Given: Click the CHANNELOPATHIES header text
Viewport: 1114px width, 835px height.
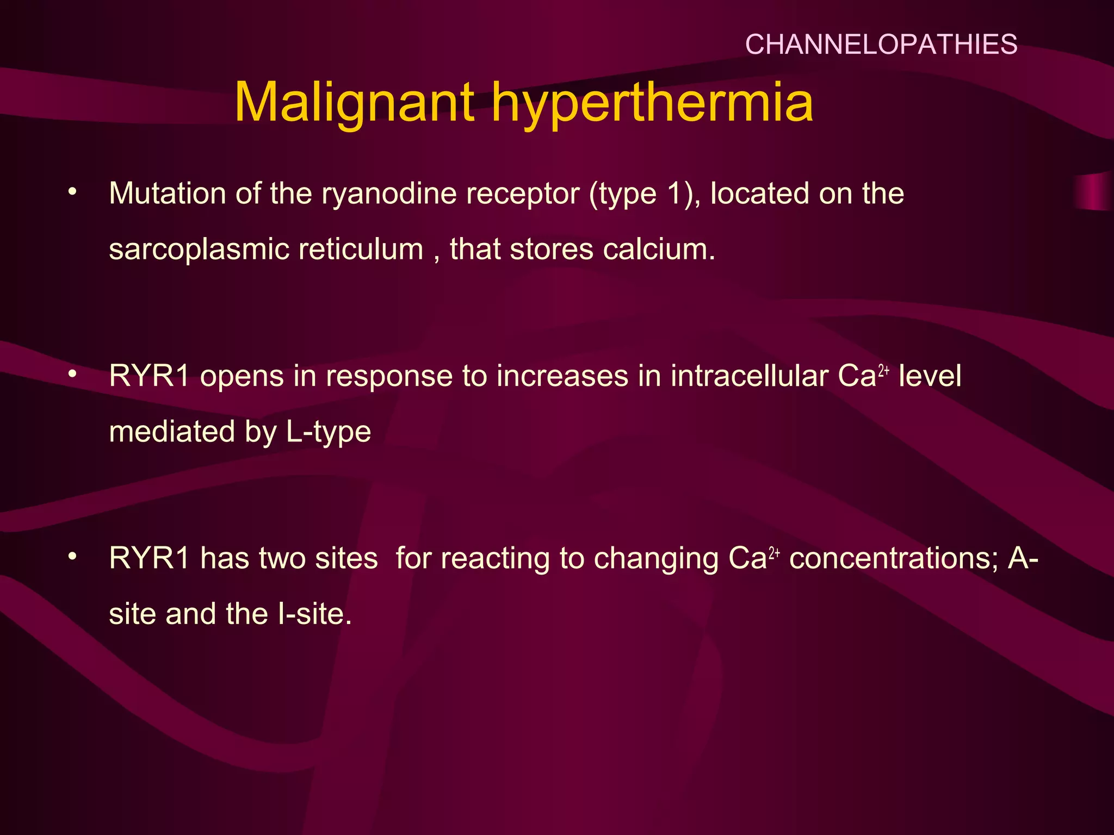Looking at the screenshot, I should pyautogui.click(x=881, y=45).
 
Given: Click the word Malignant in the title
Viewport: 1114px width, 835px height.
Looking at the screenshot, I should pyautogui.click(x=354, y=103).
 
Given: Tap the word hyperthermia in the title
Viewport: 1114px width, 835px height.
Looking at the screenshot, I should pyautogui.click(x=652, y=103).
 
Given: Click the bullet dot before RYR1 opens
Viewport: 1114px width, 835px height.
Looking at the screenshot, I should pyautogui.click(x=72, y=374).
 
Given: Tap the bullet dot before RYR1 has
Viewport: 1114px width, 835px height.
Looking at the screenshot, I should pyautogui.click(x=72, y=556).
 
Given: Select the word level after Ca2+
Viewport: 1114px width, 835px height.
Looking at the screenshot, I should pyautogui.click(x=930, y=376).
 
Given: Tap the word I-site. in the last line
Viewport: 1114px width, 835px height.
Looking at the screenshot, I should pyautogui.click(x=314, y=614).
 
